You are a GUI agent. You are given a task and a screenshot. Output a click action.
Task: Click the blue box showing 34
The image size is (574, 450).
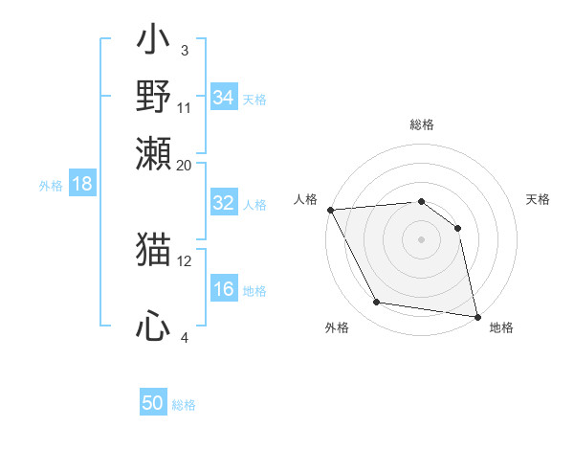click(224, 98)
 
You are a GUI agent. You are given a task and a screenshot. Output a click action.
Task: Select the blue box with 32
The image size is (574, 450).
click(224, 203)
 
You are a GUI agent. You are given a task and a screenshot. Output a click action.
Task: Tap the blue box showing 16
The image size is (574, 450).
click(224, 290)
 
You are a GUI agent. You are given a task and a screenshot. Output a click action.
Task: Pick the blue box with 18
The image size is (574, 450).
click(81, 184)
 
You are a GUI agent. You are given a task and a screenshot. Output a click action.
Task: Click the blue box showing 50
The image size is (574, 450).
click(153, 403)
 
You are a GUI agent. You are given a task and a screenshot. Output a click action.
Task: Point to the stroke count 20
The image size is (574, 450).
click(185, 165)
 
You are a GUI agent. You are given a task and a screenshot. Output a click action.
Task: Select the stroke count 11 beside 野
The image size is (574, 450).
click(185, 107)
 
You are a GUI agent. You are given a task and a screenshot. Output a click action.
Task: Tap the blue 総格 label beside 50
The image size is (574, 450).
click(184, 405)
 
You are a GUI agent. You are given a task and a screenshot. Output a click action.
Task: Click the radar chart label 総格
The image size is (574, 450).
click(422, 124)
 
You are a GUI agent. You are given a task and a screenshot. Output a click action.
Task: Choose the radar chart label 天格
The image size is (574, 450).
click(538, 199)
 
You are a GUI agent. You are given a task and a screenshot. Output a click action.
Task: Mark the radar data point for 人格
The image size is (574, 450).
click(330, 210)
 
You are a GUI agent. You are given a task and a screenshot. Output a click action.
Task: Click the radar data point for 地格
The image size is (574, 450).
click(476, 316)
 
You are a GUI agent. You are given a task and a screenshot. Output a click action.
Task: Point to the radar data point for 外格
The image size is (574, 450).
click(377, 303)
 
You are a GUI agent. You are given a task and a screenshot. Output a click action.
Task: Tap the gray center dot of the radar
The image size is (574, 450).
click(422, 239)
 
